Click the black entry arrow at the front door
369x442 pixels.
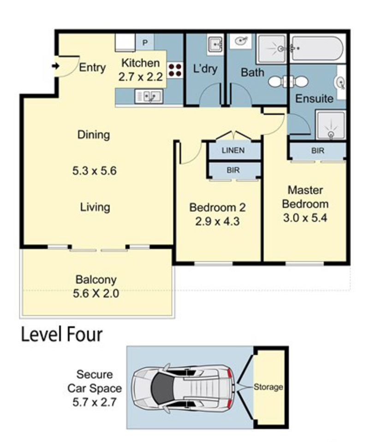[x=55, y=66]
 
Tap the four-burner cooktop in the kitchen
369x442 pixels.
[x=175, y=71]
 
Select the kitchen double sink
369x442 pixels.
[x=149, y=96]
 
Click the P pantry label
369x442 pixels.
[x=145, y=43]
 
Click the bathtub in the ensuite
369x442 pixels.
[x=318, y=48]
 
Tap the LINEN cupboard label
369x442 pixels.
[x=233, y=150]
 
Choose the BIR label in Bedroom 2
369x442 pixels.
[x=233, y=170]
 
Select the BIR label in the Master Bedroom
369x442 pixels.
[x=318, y=151]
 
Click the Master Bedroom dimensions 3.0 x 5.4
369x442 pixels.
[x=305, y=218]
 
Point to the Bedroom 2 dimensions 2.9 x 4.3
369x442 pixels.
[x=217, y=221]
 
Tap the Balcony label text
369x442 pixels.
[x=96, y=280]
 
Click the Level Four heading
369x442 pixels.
[x=62, y=334]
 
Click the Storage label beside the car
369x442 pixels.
[x=268, y=387]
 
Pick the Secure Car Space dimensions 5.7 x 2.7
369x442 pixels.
[x=95, y=402]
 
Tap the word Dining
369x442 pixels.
[x=94, y=135]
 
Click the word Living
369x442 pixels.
[x=95, y=207]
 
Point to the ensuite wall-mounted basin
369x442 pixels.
[x=340, y=83]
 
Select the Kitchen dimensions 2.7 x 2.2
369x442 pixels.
[x=141, y=77]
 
